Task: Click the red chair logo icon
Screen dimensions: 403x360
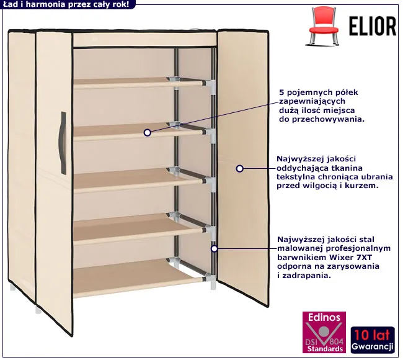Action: click(x=323, y=26)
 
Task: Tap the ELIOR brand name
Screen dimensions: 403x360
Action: click(x=373, y=26)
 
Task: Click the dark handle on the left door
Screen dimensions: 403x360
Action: click(x=63, y=143)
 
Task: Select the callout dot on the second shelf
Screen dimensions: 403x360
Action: click(x=148, y=133)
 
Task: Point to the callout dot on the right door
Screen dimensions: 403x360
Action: click(x=240, y=169)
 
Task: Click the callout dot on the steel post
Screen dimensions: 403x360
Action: click(x=215, y=249)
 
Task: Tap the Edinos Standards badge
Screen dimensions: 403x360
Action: click(x=324, y=332)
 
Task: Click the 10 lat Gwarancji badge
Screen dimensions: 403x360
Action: click(x=373, y=340)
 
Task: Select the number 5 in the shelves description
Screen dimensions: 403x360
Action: click(x=281, y=92)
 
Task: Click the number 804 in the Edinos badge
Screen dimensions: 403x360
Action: click(x=337, y=341)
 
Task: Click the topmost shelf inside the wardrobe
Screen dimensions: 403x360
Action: click(x=139, y=83)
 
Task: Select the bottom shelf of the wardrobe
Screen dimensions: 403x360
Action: click(x=139, y=278)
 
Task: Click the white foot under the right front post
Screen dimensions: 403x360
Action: click(x=213, y=285)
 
